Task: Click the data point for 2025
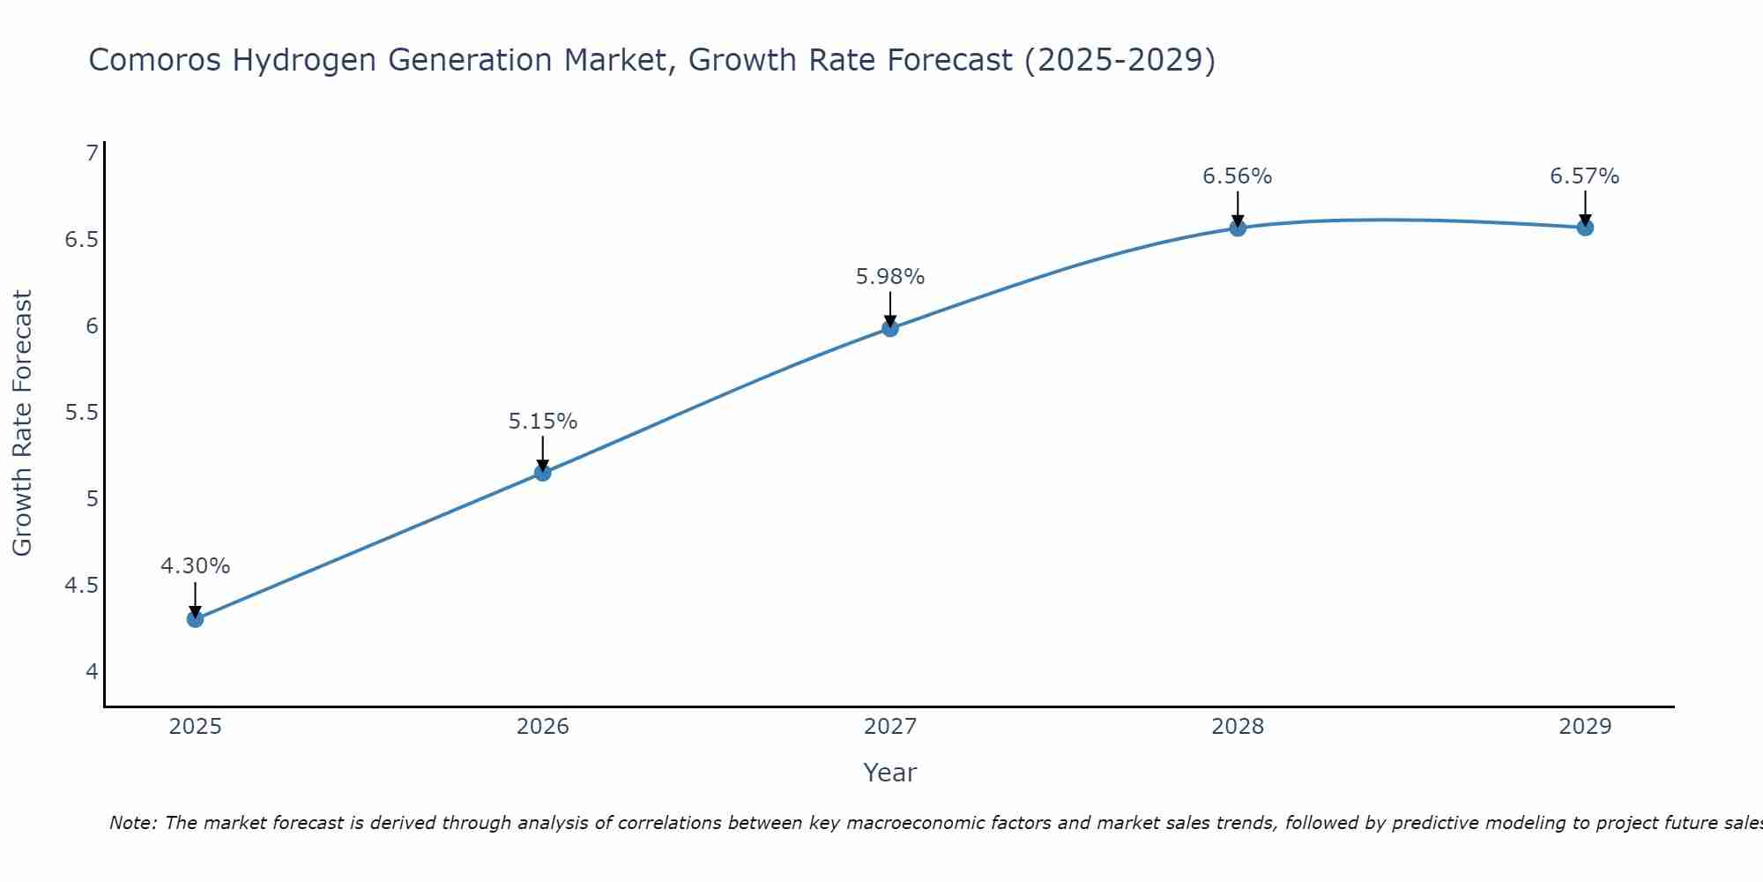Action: tap(195, 619)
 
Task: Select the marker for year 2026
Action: tap(543, 473)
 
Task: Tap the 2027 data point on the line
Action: tap(890, 328)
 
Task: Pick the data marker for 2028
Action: tap(1238, 228)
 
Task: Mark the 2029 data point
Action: tap(1585, 227)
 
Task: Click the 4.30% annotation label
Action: tap(195, 566)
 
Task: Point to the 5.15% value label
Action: tap(543, 422)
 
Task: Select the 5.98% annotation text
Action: tap(890, 277)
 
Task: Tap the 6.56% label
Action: tap(1238, 176)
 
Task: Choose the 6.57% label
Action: tap(1585, 176)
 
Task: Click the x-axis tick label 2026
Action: tap(543, 727)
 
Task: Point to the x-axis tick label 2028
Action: tap(1238, 727)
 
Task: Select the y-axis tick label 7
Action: tap(92, 153)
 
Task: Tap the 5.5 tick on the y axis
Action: tap(82, 413)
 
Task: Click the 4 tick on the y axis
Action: tap(92, 672)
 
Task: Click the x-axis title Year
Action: tap(890, 773)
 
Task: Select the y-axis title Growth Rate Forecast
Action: tap(23, 423)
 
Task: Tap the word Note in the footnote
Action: tap(132, 823)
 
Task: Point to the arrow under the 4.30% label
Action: tap(195, 600)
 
